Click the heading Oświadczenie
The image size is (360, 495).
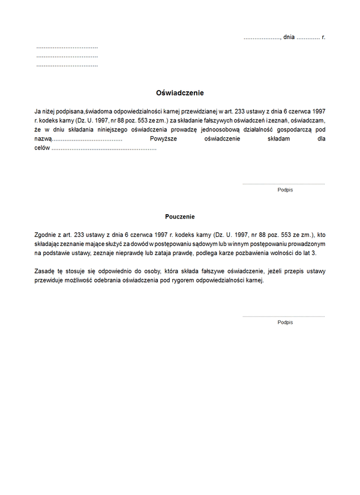180,93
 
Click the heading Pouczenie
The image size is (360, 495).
180,217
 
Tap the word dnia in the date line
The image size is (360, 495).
289,37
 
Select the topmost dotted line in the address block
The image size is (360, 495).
67,47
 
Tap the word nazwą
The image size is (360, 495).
43,139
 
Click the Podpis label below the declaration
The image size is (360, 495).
285,190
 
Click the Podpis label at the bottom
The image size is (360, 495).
285,322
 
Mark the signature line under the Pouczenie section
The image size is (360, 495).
283,316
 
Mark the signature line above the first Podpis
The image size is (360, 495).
283,184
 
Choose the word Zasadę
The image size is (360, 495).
46,272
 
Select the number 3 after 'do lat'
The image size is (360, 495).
313,254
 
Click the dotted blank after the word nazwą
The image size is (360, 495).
87,139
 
